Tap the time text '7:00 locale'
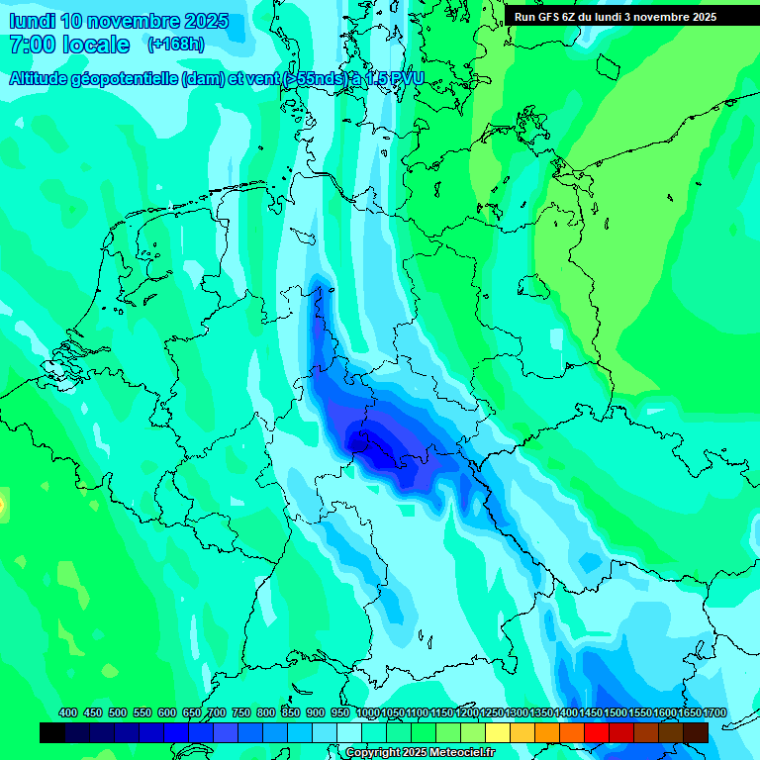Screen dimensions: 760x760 [x=69, y=45]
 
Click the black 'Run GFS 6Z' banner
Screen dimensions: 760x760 [x=615, y=16]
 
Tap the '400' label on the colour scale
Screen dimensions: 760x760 [x=68, y=712]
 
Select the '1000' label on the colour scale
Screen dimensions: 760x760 [x=367, y=712]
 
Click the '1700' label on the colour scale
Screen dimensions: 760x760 [x=714, y=712]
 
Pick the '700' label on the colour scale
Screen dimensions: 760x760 [x=217, y=712]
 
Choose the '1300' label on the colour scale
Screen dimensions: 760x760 [x=517, y=712]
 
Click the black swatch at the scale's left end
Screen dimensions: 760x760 [x=52, y=732]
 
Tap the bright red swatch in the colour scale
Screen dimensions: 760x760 [x=597, y=732]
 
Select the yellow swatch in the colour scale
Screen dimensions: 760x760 [x=498, y=732]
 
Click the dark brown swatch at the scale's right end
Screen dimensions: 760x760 [x=696, y=732]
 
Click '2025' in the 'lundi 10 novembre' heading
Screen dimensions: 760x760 [x=204, y=21]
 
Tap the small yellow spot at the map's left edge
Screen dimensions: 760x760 [x=2, y=506]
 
